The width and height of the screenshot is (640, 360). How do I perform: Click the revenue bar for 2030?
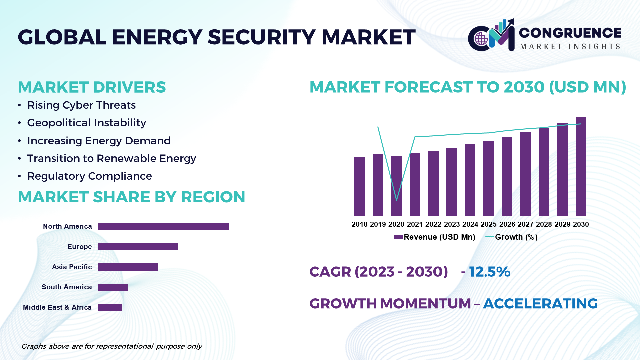(581, 167)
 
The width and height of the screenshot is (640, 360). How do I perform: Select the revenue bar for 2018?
(359, 187)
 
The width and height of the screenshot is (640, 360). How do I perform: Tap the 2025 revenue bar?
(489, 178)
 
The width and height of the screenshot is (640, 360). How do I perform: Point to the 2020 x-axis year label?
(396, 224)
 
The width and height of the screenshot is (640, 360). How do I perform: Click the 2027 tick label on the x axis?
(526, 224)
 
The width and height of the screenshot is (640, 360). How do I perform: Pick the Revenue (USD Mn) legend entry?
(435, 237)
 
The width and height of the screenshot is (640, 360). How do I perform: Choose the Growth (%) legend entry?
(512, 237)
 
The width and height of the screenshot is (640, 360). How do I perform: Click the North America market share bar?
(163, 227)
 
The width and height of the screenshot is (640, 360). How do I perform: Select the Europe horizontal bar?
(138, 247)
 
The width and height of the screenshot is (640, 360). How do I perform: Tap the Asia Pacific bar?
(128, 267)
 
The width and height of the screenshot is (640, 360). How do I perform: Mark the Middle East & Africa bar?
(110, 307)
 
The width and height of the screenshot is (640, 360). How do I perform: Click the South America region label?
(67, 287)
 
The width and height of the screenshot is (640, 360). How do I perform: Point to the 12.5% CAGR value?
(489, 272)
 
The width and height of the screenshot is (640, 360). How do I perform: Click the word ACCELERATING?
(540, 304)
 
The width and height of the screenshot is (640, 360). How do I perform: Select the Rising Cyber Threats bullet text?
(81, 105)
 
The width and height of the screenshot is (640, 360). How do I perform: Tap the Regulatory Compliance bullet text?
(89, 176)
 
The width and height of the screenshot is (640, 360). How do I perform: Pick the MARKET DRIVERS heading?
(92, 87)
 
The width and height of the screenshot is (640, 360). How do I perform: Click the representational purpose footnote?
(111, 346)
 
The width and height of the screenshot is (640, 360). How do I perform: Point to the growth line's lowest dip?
(396, 200)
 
